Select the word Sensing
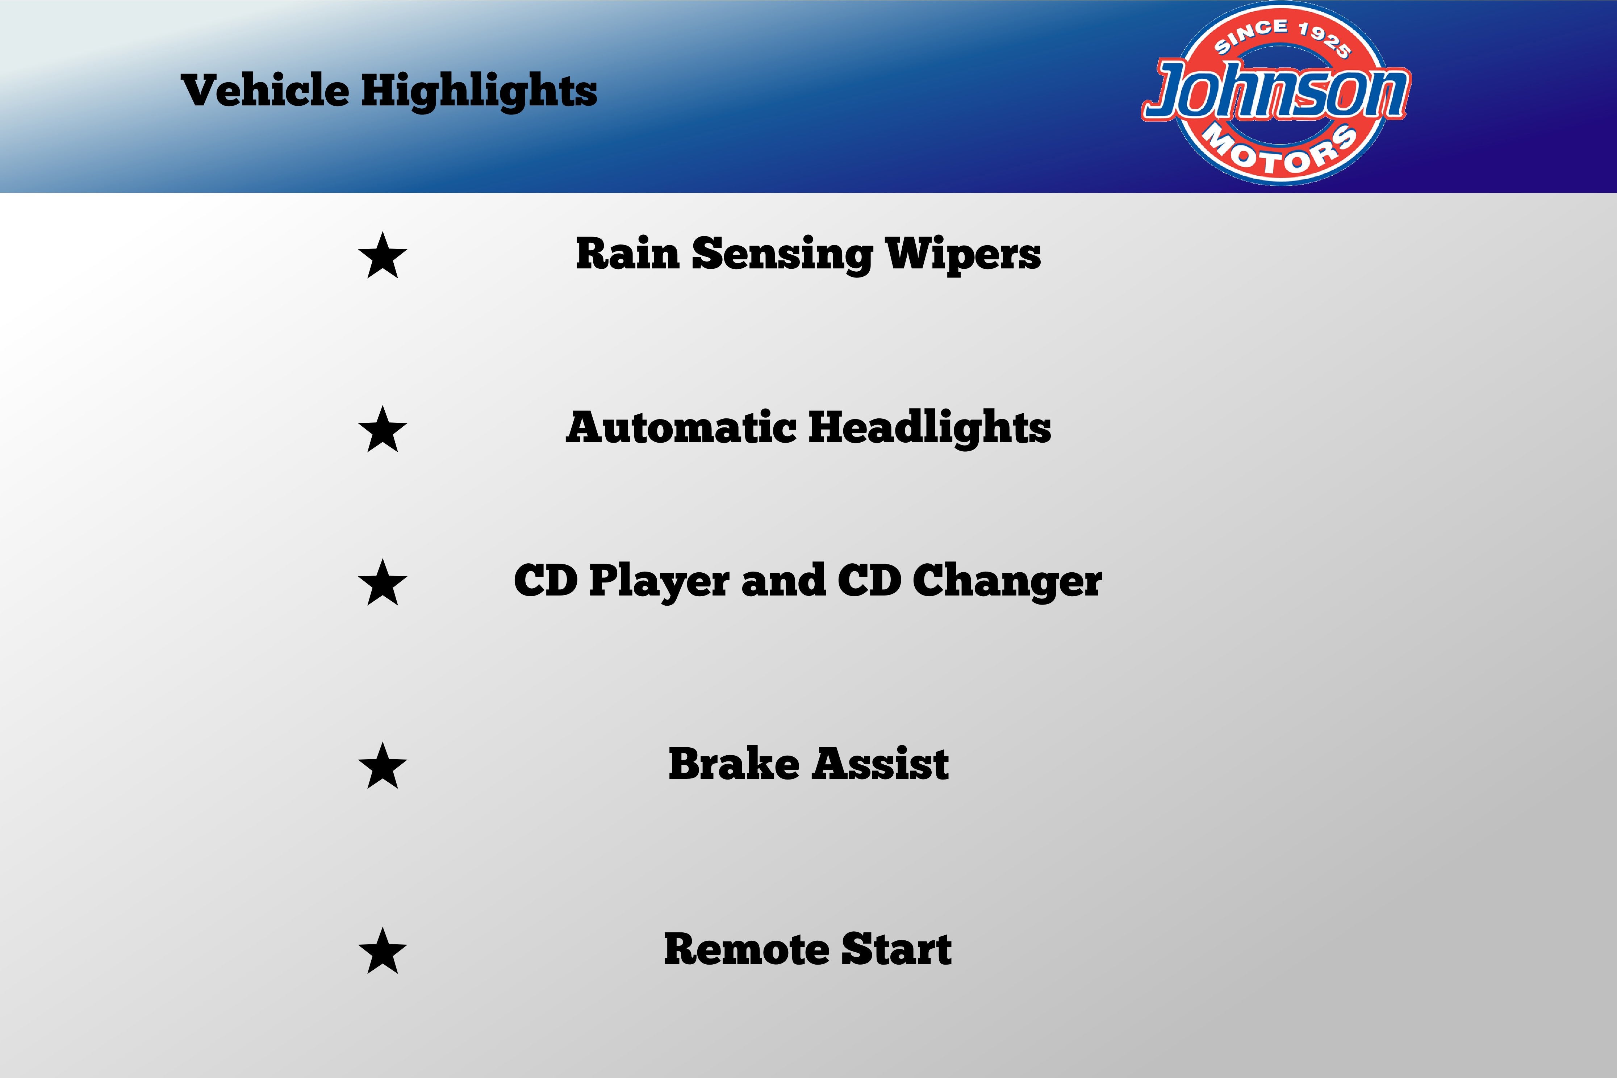782,255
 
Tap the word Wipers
963,255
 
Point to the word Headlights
929,428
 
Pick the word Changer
1007,582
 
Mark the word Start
897,949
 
